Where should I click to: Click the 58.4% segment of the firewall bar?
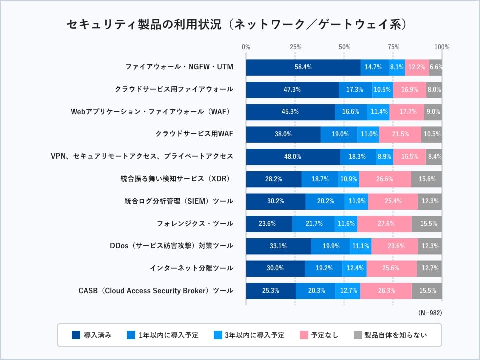point(303,67)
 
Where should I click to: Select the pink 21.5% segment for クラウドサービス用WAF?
point(401,134)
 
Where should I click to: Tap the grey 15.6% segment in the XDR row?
point(427,179)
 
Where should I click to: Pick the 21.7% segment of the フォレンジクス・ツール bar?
point(313,224)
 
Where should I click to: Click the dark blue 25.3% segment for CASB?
point(270,291)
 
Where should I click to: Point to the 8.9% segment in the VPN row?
point(384,157)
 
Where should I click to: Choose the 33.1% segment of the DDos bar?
point(278,246)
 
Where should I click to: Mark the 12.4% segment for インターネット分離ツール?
point(354,268)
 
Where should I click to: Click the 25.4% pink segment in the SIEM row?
point(393,201)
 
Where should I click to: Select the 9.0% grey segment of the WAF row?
point(433,112)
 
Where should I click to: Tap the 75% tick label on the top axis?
point(393,47)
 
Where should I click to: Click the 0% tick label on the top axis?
point(246,47)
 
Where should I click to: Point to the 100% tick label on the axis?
point(442,47)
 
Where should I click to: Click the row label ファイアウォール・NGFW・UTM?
point(179,67)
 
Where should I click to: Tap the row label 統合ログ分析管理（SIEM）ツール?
point(179,201)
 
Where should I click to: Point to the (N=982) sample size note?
point(430,313)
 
